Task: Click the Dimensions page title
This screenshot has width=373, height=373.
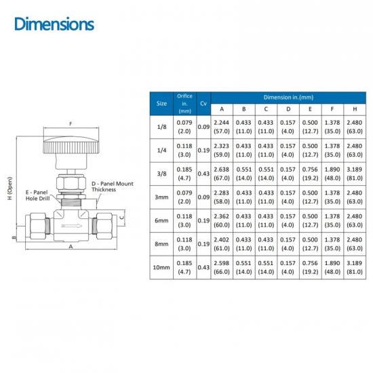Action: (54, 24)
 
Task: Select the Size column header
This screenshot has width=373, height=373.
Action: (161, 104)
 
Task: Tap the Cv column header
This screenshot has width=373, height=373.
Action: (203, 104)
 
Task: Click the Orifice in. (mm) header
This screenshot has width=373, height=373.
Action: (184, 104)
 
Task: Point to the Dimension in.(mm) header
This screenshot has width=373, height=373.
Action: (288, 97)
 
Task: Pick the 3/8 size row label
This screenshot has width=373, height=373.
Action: (161, 174)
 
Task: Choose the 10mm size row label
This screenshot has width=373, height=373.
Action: (161, 267)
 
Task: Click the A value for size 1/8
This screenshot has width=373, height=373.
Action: (222, 127)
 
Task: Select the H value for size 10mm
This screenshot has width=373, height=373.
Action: (355, 267)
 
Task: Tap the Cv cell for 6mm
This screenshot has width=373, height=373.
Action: (203, 220)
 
